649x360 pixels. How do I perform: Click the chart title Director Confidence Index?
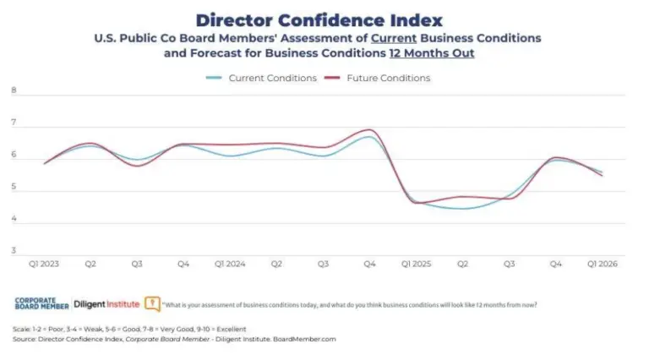coord(319,19)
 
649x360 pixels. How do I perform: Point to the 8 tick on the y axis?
coord(14,91)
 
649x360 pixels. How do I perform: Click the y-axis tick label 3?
coord(14,251)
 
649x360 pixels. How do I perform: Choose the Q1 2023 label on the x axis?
coord(44,265)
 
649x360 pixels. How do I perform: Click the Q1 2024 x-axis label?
coord(230,265)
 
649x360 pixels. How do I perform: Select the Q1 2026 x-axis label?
coord(602,265)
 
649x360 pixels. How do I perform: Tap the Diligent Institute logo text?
coord(107,303)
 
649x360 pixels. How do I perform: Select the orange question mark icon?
coord(152,303)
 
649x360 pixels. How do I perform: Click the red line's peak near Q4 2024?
coord(369,130)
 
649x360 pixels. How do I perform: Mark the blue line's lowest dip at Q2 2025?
coord(463,209)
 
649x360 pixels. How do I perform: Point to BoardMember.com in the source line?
coord(305,338)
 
